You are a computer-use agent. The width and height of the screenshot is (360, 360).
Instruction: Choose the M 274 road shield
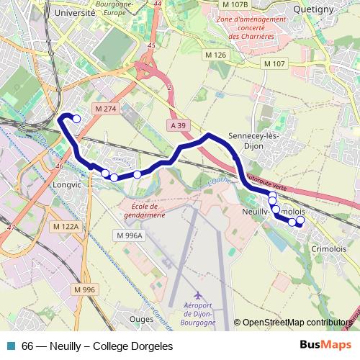click(x=105, y=109)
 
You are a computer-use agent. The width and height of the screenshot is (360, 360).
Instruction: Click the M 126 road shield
click(x=215, y=55)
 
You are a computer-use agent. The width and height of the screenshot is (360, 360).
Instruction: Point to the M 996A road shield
click(x=130, y=235)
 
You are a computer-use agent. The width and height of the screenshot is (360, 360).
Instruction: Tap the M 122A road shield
click(x=65, y=226)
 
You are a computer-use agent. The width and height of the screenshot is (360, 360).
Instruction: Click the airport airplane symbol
click(x=199, y=296)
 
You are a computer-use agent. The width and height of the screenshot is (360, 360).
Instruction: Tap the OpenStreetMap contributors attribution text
click(x=299, y=323)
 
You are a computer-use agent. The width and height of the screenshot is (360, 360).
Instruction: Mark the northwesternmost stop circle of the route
click(x=76, y=119)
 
